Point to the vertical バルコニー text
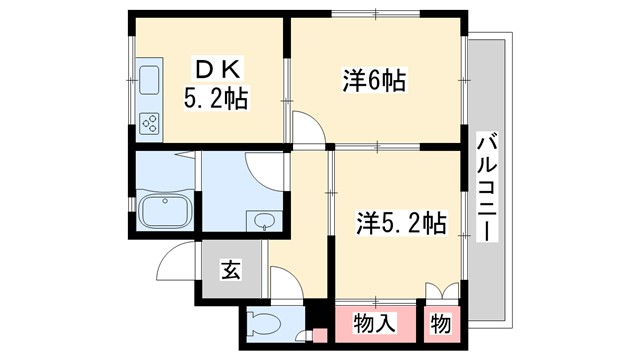(x=487, y=186)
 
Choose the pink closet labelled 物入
(x=374, y=323)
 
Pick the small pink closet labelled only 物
(x=441, y=323)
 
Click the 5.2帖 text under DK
(x=215, y=99)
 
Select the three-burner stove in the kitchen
(x=149, y=123)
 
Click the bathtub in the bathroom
(x=167, y=211)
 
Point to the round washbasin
(x=264, y=221)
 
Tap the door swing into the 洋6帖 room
(x=308, y=127)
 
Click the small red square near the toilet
(x=320, y=336)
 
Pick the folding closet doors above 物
(x=441, y=292)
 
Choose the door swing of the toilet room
(x=284, y=284)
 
